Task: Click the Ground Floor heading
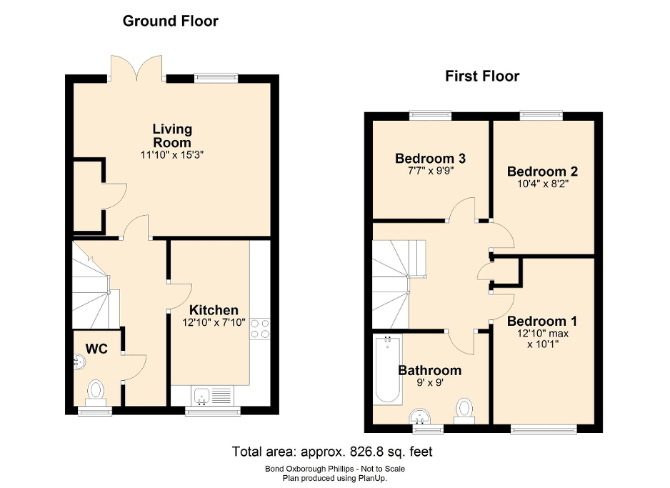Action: click(170, 21)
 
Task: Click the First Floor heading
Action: click(482, 76)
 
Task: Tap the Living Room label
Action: click(172, 136)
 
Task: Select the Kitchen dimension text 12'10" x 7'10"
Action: click(214, 322)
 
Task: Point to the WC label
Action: click(96, 349)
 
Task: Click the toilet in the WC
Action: click(96, 392)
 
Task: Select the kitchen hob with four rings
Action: click(260, 328)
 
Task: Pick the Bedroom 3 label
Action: click(425, 158)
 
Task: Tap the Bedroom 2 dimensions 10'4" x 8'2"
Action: click(542, 184)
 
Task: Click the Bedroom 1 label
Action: click(542, 321)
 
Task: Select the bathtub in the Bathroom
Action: click(387, 370)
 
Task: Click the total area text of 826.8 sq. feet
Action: click(332, 452)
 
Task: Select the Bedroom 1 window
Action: click(544, 429)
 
